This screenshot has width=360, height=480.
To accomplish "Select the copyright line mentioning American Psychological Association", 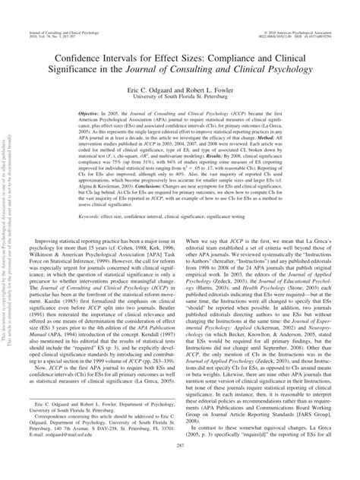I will coord(294,7).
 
